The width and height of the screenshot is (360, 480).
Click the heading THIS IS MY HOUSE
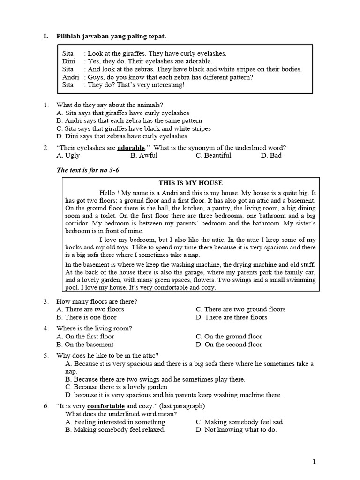[190, 183]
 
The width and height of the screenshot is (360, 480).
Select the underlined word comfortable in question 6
[106, 406]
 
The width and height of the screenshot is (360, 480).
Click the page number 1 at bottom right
[315, 462]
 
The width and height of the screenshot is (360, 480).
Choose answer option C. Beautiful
[213, 156]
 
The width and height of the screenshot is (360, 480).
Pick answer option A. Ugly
[68, 156]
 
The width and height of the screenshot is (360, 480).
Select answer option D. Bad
[271, 156]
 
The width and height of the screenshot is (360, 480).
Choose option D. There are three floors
[232, 317]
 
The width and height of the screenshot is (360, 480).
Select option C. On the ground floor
[229, 337]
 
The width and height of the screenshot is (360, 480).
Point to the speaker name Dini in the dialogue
[68, 61]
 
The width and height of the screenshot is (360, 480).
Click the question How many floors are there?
[97, 301]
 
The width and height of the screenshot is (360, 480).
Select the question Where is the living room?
[94, 329]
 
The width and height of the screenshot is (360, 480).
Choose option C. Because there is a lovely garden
[116, 387]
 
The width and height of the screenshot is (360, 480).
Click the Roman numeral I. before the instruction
[45, 36]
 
